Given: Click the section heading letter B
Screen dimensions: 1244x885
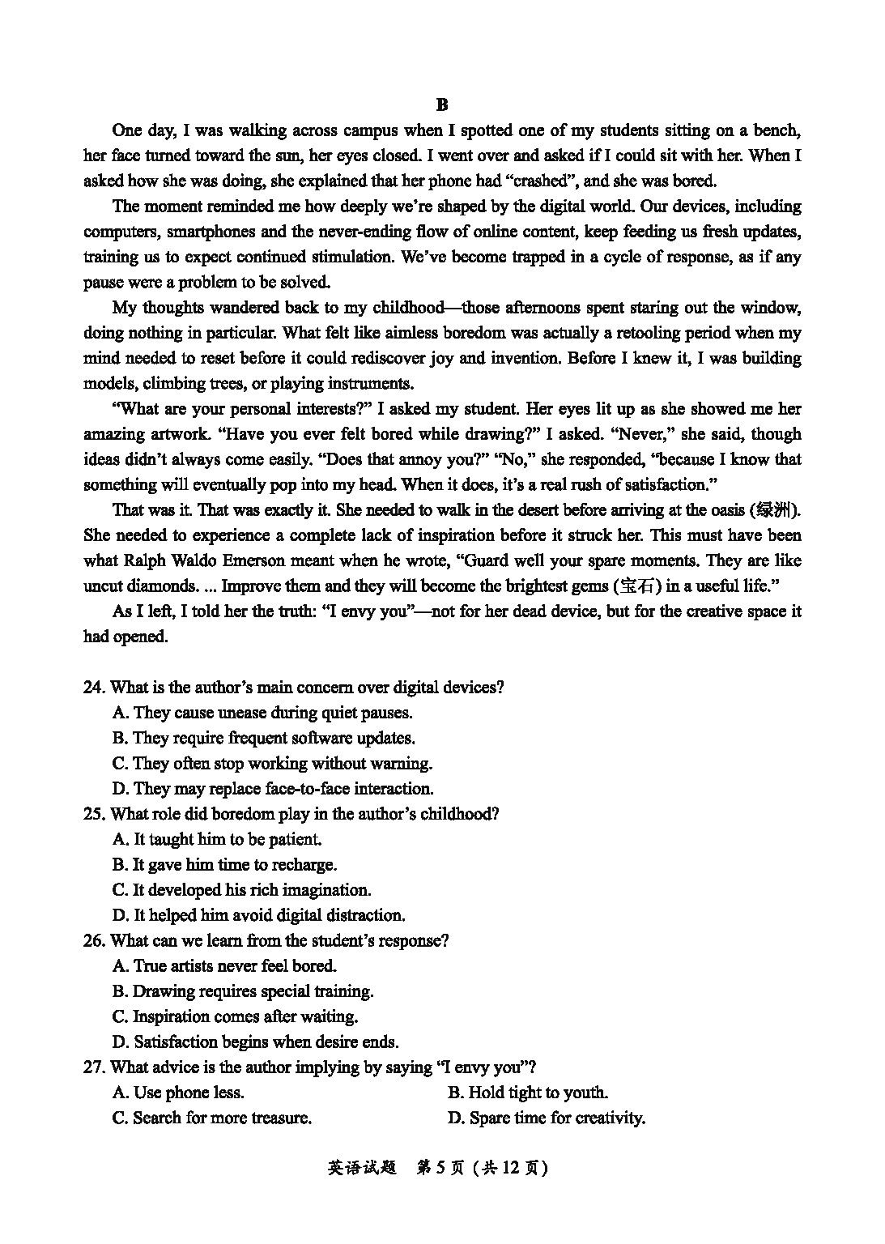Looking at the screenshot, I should click(441, 104).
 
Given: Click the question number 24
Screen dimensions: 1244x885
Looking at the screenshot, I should click(94, 688).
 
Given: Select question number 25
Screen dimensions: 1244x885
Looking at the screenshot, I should click(94, 814).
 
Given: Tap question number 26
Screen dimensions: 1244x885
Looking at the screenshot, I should click(94, 940).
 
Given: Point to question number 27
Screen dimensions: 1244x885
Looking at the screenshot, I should click(94, 1067).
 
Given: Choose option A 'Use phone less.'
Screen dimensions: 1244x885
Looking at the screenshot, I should click(178, 1093).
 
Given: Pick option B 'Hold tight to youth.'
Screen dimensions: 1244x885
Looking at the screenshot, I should click(527, 1093).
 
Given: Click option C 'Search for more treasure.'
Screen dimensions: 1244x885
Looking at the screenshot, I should click(212, 1118).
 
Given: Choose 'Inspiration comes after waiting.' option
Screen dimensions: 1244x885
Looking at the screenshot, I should click(235, 1016).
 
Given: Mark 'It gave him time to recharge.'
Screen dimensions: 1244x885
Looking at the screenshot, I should click(224, 864).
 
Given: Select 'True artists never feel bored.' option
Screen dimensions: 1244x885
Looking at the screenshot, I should click(224, 965).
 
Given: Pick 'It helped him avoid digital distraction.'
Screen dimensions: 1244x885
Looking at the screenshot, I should click(258, 915).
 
